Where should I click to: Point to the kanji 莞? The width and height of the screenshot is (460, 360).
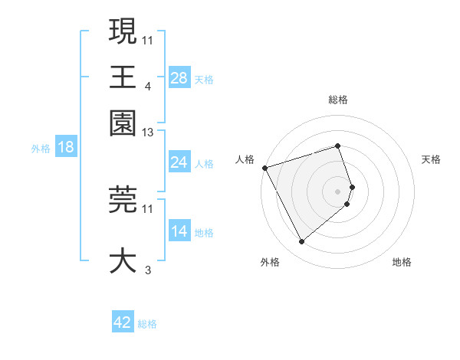[x=123, y=198]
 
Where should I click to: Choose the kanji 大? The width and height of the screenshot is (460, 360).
[x=123, y=260]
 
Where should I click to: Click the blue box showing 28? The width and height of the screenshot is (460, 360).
[x=179, y=77]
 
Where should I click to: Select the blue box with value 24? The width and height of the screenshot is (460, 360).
[x=179, y=162]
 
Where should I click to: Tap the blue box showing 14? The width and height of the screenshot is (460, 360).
[x=179, y=231]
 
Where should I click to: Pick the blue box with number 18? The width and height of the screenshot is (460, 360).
[x=65, y=147]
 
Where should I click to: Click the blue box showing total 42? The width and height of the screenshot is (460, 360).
[x=123, y=322]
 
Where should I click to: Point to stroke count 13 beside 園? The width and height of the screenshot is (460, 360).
[x=148, y=133]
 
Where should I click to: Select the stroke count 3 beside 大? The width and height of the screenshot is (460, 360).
[x=148, y=270]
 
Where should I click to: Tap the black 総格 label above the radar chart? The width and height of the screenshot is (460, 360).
[x=338, y=100]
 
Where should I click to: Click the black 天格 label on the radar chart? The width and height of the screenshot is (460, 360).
[x=431, y=159]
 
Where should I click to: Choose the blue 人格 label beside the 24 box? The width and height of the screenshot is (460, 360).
[x=204, y=163]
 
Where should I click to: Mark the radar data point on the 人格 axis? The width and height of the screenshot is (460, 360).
[x=264, y=167]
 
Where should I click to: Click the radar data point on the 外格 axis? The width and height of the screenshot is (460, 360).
[x=301, y=242]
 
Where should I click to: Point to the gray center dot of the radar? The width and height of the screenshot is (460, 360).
[x=338, y=191]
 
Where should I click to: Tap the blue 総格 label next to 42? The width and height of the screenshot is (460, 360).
[x=147, y=324]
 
